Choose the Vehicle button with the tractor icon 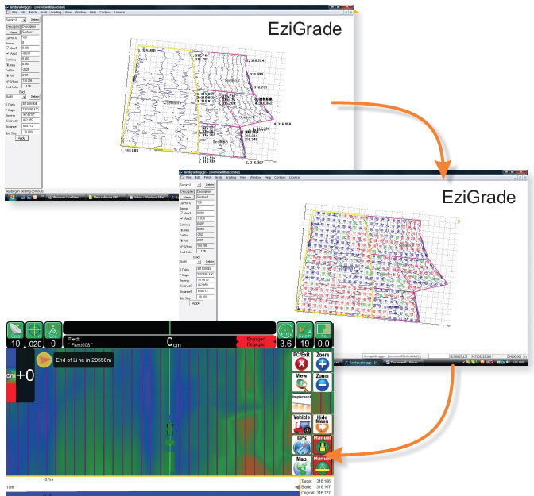pyautogui.click(x=301, y=423)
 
